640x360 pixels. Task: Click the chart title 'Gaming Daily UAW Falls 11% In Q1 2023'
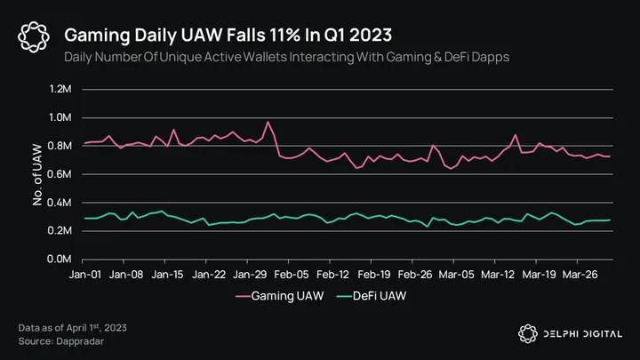click(x=229, y=35)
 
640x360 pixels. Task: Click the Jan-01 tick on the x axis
click(x=84, y=275)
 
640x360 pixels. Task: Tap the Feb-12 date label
click(x=332, y=275)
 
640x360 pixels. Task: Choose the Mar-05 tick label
click(x=455, y=275)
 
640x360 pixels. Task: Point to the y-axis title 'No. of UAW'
click(x=38, y=174)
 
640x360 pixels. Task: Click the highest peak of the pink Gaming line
click(x=268, y=122)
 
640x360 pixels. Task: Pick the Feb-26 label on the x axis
click(x=414, y=275)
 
